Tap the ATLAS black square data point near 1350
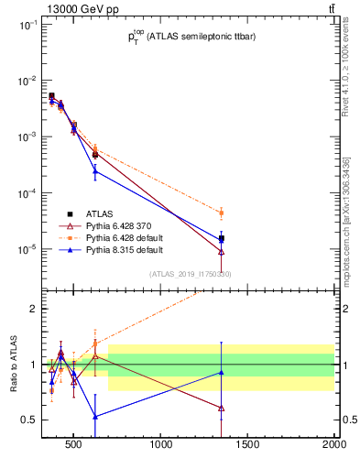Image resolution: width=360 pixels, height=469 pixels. (x=221, y=238)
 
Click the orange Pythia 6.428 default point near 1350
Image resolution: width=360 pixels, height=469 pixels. (x=221, y=213)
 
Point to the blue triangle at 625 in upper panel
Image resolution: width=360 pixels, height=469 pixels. (x=95, y=171)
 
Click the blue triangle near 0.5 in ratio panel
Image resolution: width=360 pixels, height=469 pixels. (x=95, y=416)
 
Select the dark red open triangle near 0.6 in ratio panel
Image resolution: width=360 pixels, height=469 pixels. (x=221, y=408)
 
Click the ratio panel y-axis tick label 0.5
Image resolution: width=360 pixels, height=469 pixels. (x=27, y=420)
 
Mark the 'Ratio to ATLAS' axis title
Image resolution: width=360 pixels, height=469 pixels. (x=14, y=365)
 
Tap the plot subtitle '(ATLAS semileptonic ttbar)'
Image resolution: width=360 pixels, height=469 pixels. (x=198, y=37)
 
